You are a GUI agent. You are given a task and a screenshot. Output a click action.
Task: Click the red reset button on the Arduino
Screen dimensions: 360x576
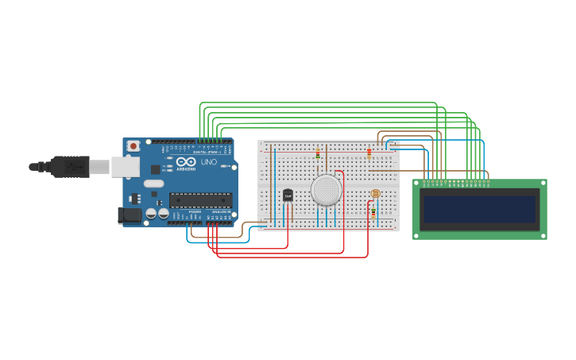(x=133, y=146)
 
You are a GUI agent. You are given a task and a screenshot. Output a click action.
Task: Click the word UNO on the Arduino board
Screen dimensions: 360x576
(x=209, y=162)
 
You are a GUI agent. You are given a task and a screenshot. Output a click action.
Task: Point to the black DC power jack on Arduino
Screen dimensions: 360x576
(x=129, y=215)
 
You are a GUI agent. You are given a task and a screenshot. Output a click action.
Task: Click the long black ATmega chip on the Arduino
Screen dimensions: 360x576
(x=200, y=200)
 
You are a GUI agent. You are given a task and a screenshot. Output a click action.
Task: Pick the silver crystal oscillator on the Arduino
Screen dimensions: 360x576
(x=154, y=184)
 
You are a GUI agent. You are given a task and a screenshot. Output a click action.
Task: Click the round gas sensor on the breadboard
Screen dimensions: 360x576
(x=326, y=191)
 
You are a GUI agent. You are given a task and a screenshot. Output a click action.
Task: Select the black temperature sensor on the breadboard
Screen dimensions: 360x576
(x=288, y=195)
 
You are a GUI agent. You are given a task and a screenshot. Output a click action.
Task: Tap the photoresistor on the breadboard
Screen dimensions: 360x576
(x=376, y=194)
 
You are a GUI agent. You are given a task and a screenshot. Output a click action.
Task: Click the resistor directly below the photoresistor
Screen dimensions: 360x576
(x=373, y=211)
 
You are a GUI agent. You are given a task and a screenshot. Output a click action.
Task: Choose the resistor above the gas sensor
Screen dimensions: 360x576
(x=318, y=153)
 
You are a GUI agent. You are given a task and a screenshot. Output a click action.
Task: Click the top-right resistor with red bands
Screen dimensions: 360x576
(x=369, y=153)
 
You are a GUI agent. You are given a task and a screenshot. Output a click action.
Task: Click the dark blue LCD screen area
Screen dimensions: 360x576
(x=479, y=210)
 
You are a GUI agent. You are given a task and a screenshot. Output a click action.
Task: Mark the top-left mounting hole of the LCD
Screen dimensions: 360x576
(x=417, y=184)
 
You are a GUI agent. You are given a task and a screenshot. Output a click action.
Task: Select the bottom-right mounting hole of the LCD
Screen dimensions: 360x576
(x=543, y=235)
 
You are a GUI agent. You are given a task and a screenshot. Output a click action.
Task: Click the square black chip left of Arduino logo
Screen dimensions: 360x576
(x=155, y=169)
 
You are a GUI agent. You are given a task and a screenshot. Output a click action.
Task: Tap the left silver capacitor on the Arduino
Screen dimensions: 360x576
(x=151, y=213)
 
